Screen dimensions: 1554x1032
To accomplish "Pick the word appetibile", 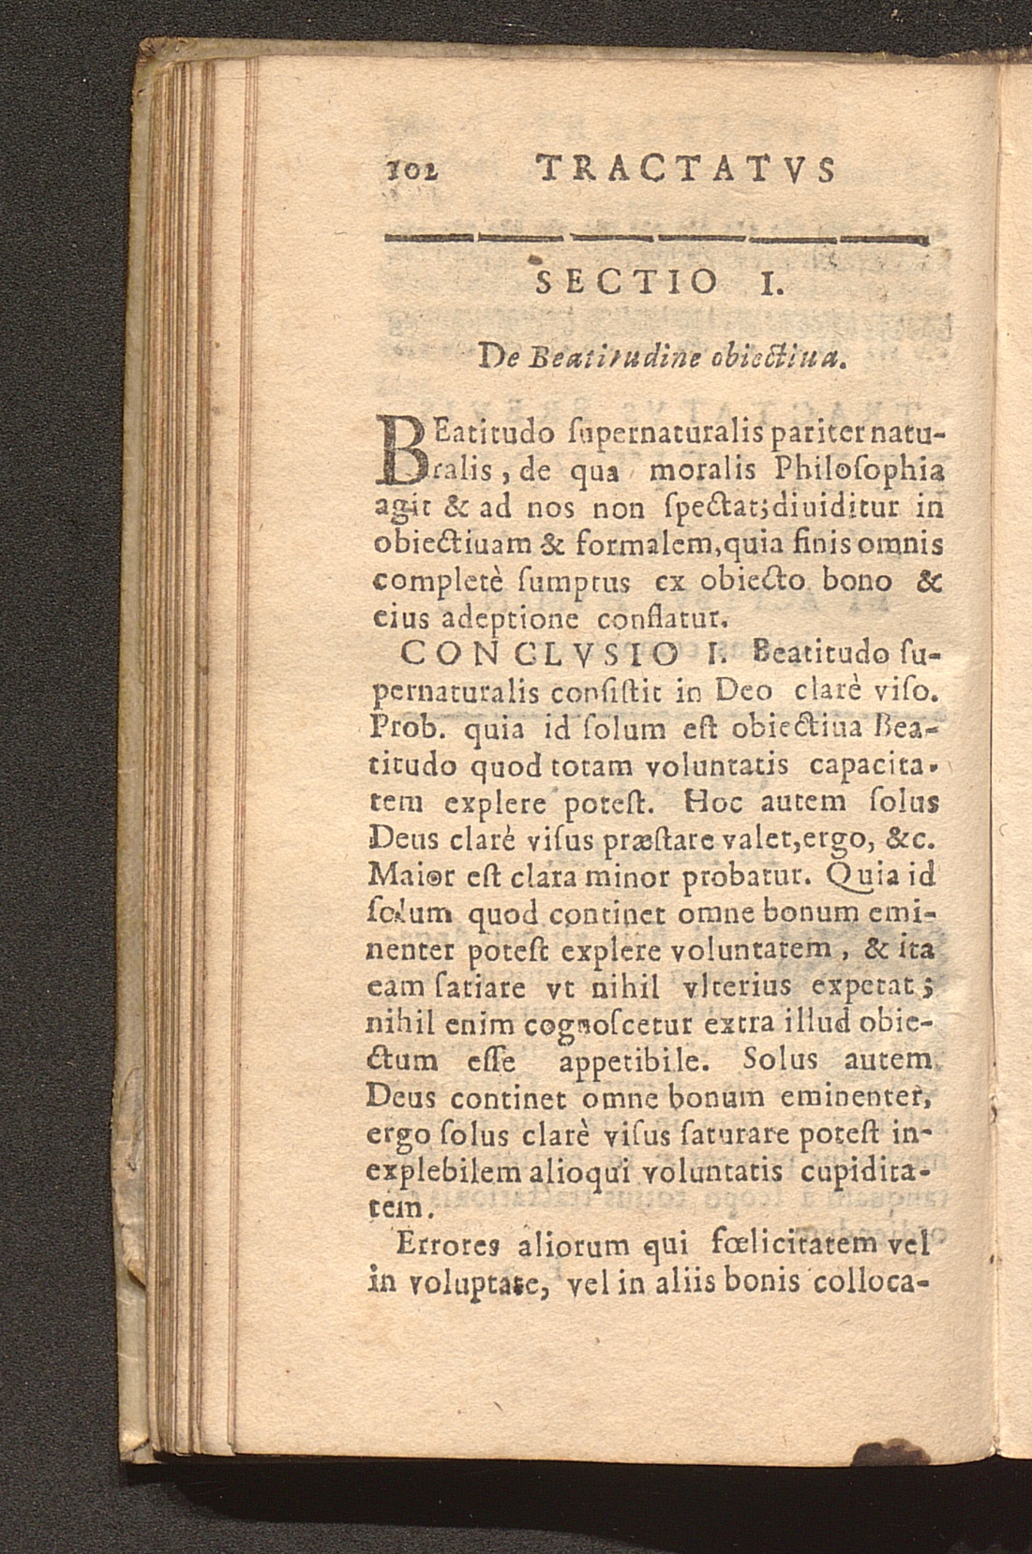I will click(633, 1063).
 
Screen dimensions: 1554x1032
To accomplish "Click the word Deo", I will click(744, 691).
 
